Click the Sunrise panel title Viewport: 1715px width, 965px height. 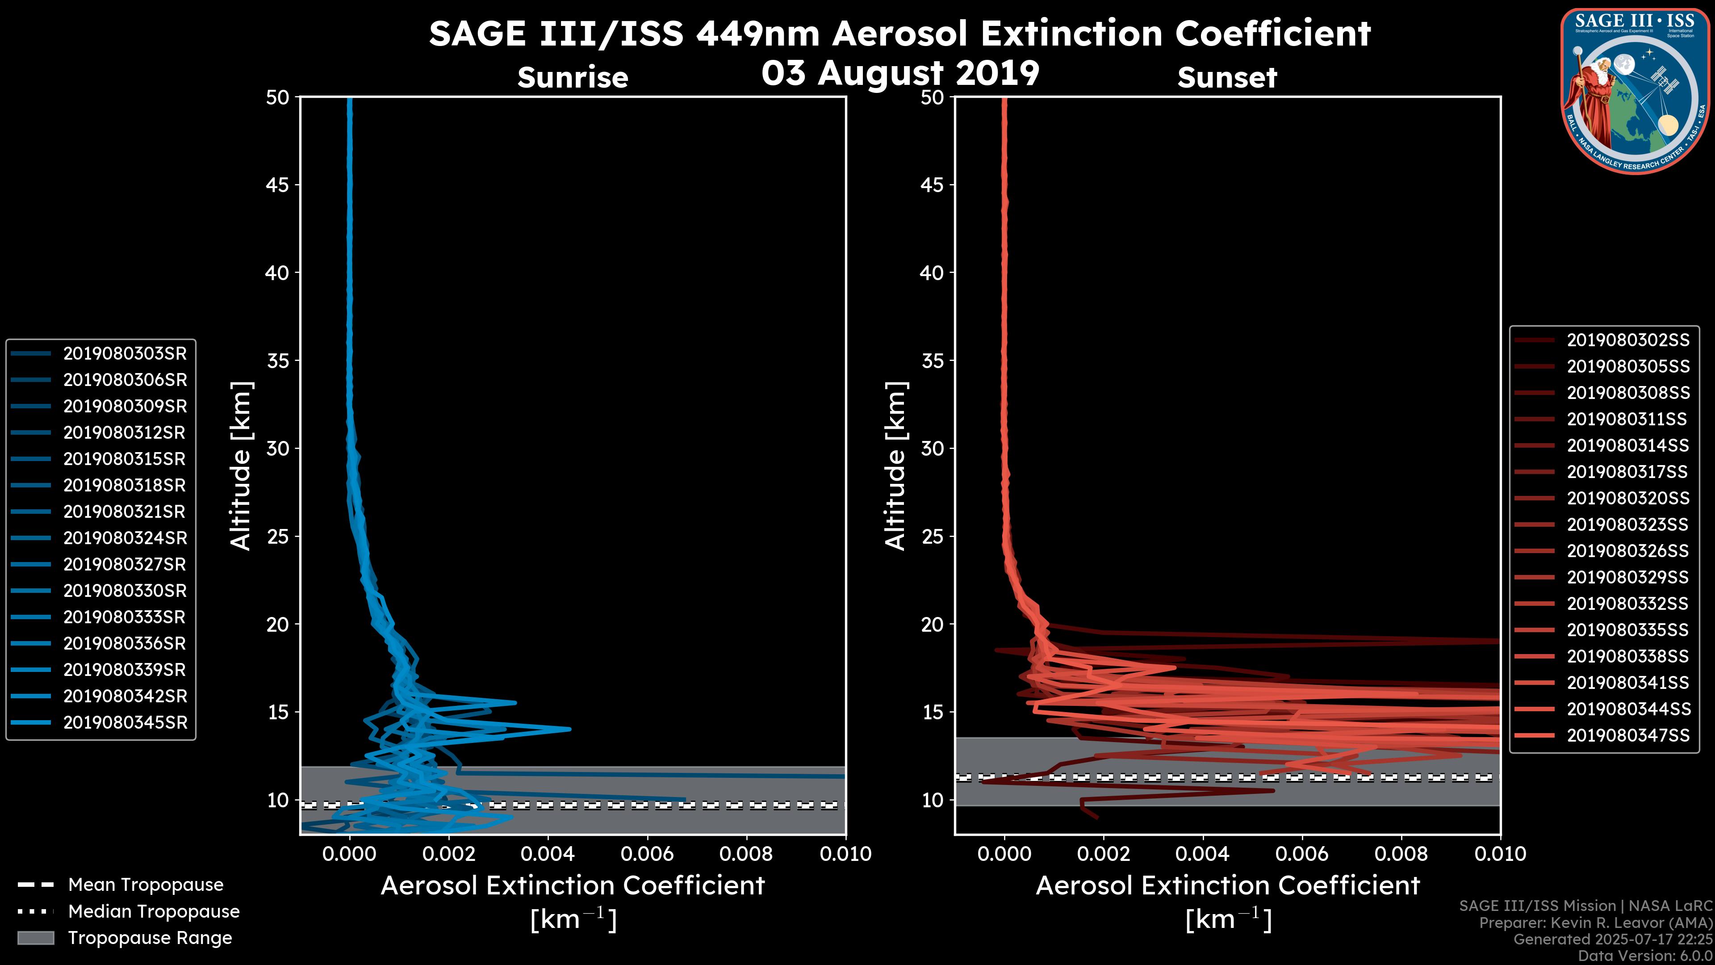573,78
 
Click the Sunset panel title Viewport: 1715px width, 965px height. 1227,78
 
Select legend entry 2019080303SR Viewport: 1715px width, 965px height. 125,354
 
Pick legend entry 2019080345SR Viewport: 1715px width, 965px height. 125,722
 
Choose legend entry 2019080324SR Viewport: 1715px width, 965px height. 125,538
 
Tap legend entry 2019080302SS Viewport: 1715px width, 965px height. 1628,340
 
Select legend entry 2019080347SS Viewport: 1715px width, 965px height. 1628,735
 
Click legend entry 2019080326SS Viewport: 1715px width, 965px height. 1628,551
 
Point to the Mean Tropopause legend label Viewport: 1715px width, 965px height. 146,885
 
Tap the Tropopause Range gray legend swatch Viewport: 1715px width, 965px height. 35,938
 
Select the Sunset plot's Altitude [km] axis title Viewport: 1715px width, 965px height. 895,466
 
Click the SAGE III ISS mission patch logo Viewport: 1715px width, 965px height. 1635,91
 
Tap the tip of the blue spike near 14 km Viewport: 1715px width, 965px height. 570,729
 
